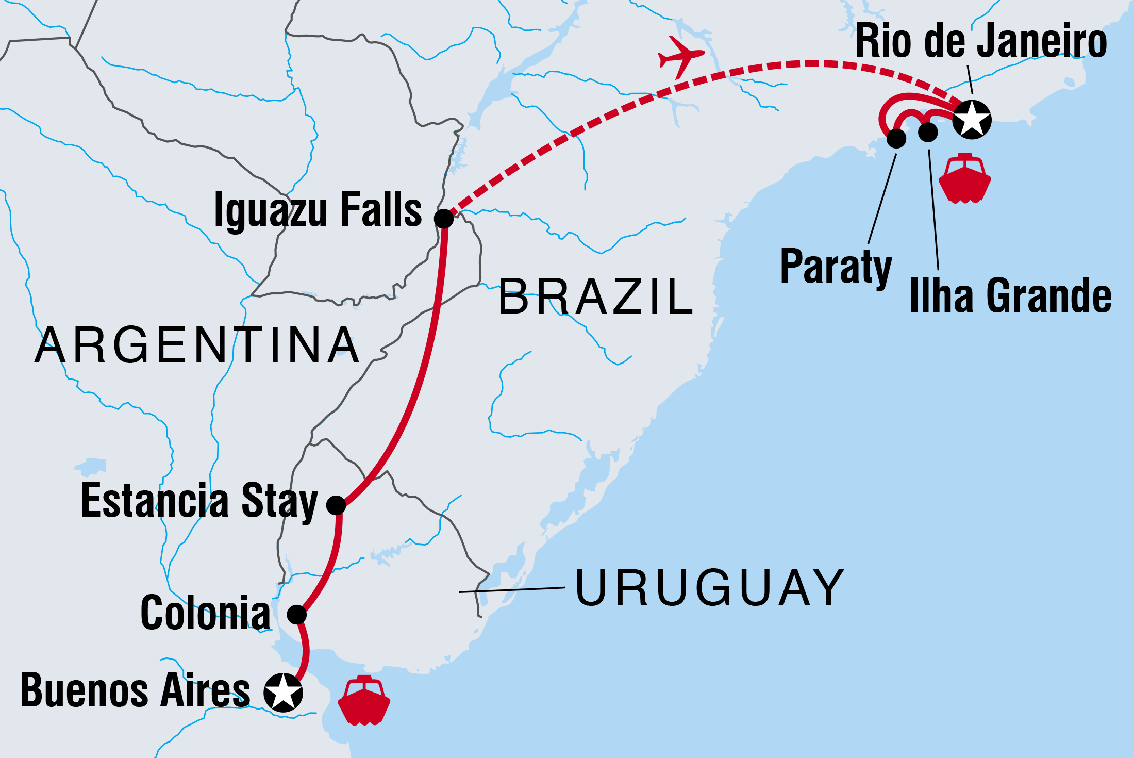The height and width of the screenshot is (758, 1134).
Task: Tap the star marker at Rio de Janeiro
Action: [x=972, y=120]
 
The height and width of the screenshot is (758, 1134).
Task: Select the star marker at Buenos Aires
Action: [x=283, y=693]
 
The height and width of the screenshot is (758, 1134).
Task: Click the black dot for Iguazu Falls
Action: [x=444, y=219]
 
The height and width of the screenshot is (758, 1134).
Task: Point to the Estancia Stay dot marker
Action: [x=336, y=505]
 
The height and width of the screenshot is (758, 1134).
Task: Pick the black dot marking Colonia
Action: [x=297, y=614]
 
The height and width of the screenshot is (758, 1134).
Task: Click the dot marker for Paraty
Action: [x=896, y=138]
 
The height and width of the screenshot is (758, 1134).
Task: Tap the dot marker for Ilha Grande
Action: [x=928, y=132]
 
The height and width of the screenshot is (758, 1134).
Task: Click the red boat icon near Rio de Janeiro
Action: [x=964, y=178]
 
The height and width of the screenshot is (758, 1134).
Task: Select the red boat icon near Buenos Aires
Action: [x=364, y=700]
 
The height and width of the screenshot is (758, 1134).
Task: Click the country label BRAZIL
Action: [x=595, y=296]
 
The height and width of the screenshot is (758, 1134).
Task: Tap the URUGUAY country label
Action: [x=709, y=588]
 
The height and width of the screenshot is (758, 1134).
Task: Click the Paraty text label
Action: [x=836, y=267]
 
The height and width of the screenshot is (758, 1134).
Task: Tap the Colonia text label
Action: [x=205, y=613]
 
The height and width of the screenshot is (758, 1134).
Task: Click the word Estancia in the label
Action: [x=155, y=500]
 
